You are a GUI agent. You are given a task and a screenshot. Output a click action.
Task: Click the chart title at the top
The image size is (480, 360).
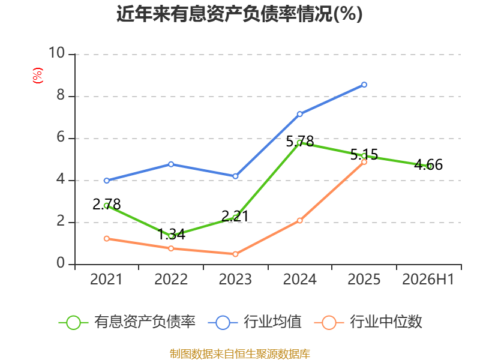point(239,14)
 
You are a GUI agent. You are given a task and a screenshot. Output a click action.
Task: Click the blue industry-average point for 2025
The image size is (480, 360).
point(364,85)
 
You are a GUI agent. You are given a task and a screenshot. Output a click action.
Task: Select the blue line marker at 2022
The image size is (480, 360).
point(171,164)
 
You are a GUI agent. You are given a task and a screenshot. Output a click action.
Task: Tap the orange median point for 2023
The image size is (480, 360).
point(235,254)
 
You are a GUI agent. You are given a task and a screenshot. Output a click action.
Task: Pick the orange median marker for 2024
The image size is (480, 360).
point(299,220)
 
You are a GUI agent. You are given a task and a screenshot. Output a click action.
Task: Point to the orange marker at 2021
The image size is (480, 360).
point(107,238)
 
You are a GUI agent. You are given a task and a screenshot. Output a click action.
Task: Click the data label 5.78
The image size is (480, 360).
point(300,142)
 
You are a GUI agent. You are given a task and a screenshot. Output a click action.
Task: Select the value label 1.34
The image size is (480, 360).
point(172,235)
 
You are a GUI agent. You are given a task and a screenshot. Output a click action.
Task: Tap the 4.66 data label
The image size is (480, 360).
point(428,164)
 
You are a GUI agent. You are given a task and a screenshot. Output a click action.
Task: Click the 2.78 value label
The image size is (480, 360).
point(107,205)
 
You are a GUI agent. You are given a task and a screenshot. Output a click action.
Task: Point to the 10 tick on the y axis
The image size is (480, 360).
point(56,53)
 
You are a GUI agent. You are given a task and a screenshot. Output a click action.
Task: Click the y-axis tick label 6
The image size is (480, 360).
point(61,137)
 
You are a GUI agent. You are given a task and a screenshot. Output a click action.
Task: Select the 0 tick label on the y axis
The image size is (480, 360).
point(61,263)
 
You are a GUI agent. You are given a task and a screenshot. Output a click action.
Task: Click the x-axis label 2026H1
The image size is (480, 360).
point(428,280)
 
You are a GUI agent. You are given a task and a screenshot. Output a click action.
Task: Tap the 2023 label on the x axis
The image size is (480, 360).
point(235,280)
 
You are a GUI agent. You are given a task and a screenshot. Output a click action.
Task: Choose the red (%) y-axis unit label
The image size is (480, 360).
point(38,76)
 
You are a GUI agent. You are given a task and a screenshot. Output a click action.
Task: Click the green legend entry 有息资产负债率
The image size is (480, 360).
point(127,322)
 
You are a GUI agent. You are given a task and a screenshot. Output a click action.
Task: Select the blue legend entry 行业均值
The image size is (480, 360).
point(254,322)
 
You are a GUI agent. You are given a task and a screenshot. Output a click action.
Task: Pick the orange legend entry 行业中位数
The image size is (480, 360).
point(368,322)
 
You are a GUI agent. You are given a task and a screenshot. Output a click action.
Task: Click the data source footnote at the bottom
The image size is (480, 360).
point(240,354)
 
